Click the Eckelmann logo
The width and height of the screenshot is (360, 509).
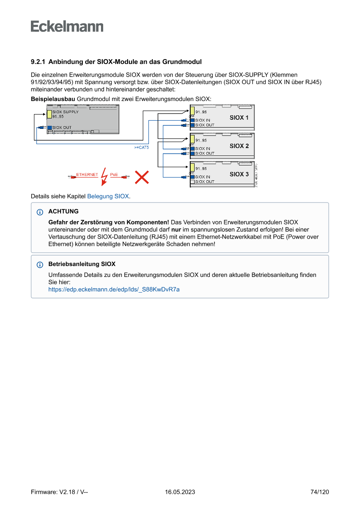point(67,26)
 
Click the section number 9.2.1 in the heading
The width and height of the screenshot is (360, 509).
point(38,62)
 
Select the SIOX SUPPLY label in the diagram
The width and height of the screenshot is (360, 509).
point(65,112)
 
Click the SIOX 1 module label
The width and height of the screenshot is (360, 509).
point(239,118)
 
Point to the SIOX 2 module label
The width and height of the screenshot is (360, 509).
point(239,146)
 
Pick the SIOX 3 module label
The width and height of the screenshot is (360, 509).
point(239,174)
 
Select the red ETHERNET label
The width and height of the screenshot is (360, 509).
point(87,175)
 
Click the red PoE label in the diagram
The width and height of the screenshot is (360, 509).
point(114,175)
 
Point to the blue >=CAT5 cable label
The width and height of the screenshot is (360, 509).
point(141,148)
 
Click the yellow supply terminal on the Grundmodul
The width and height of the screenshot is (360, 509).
point(50,115)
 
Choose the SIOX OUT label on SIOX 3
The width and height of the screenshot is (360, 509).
point(205,182)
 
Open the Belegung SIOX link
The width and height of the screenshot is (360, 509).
point(108,196)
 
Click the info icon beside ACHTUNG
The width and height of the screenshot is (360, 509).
point(40,212)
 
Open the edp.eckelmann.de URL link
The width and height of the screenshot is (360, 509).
point(114,289)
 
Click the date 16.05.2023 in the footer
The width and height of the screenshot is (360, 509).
point(180,492)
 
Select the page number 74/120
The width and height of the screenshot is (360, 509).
point(320,492)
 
